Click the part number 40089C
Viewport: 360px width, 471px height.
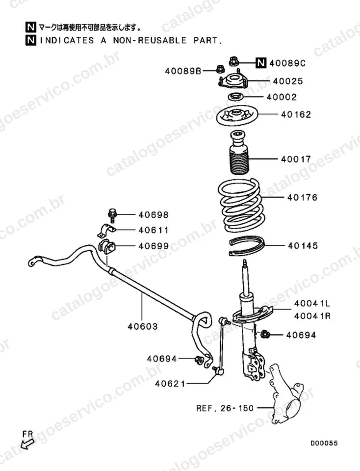pyautogui.click(x=287, y=63)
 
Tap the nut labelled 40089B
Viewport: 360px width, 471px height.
pyautogui.click(x=220, y=69)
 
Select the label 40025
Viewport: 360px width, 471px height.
pyautogui.click(x=288, y=81)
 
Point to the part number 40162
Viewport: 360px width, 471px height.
pyautogui.click(x=296, y=114)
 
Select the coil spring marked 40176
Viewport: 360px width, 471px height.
pyautogui.click(x=241, y=206)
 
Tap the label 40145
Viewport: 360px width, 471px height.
pyautogui.click(x=303, y=245)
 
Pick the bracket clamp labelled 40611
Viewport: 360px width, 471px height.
pyautogui.click(x=106, y=230)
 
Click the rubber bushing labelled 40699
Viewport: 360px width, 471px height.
pyautogui.click(x=107, y=246)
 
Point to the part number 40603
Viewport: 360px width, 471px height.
pyautogui.click(x=143, y=326)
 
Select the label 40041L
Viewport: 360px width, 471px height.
pyautogui.click(x=312, y=303)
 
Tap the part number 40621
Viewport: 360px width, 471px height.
pyautogui.click(x=170, y=384)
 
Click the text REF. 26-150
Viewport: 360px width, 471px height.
pyautogui.click(x=225, y=408)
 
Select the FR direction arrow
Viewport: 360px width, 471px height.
pyautogui.click(x=27, y=444)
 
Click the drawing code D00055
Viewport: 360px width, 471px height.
pyautogui.click(x=324, y=443)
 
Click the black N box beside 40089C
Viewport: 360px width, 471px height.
pyautogui.click(x=261, y=63)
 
